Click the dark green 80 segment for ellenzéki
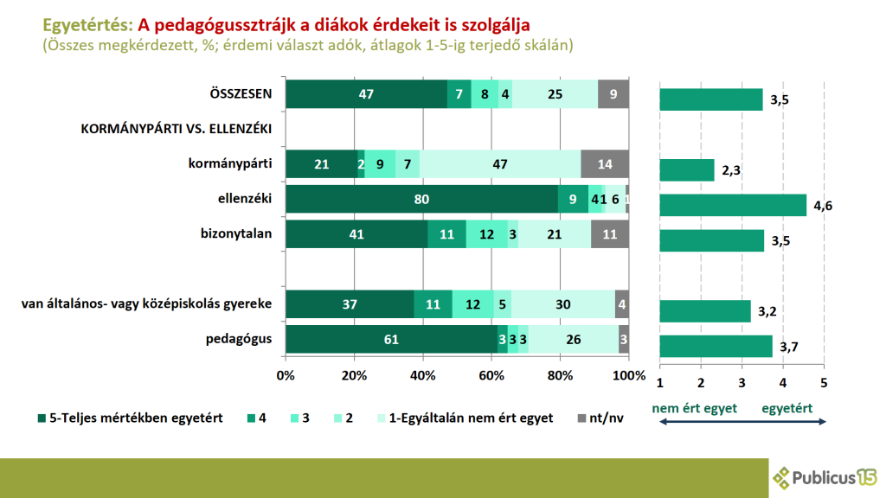(x=421, y=199)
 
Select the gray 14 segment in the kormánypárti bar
(x=605, y=163)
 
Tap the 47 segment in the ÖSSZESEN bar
(x=366, y=94)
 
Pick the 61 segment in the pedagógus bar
(x=391, y=340)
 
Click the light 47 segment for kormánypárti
(x=500, y=163)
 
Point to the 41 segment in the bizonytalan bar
(x=356, y=234)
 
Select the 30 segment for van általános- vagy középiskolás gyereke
(x=563, y=304)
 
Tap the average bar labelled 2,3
(x=687, y=170)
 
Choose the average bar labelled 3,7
(x=716, y=347)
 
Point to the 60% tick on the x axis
(x=491, y=375)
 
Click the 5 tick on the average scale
(x=824, y=383)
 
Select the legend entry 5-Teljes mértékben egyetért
(x=130, y=418)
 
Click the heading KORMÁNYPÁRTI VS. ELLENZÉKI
(x=177, y=130)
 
